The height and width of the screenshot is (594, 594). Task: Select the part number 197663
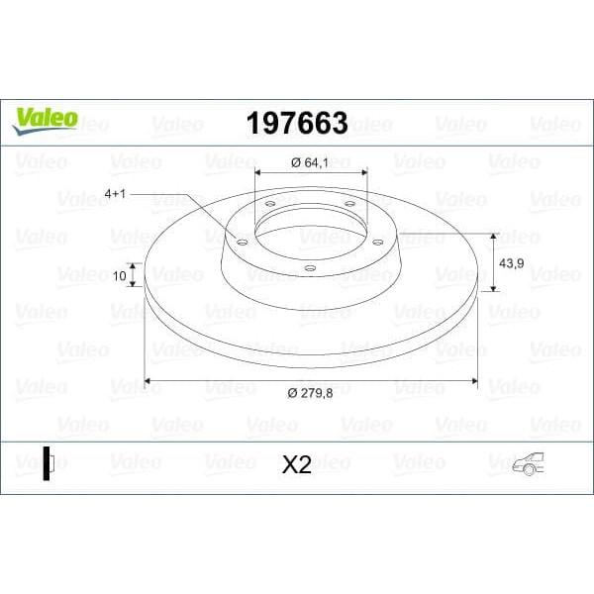point(295,124)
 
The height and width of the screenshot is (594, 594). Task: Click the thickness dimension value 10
point(121,277)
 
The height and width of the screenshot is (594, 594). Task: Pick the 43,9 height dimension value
point(511,263)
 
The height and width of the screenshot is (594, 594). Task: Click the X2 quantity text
point(296,464)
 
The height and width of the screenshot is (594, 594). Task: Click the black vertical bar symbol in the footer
point(46,463)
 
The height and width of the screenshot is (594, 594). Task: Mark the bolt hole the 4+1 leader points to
point(240,238)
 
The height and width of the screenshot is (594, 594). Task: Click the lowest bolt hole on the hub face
point(309,267)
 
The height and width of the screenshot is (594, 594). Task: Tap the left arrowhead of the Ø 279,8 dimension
point(149,379)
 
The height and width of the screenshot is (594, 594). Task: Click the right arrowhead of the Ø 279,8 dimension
point(474,379)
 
